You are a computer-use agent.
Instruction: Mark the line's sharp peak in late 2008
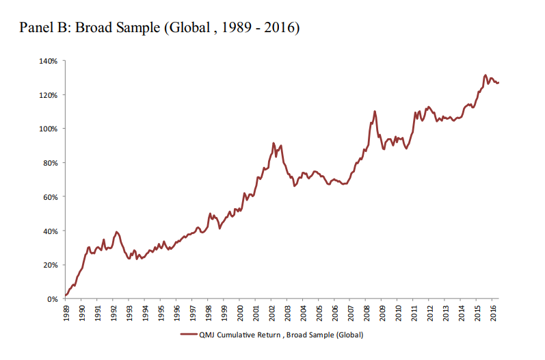[x=375, y=111]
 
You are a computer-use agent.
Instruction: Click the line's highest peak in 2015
[x=486, y=75]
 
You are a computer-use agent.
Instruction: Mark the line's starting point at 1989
[x=65, y=296]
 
